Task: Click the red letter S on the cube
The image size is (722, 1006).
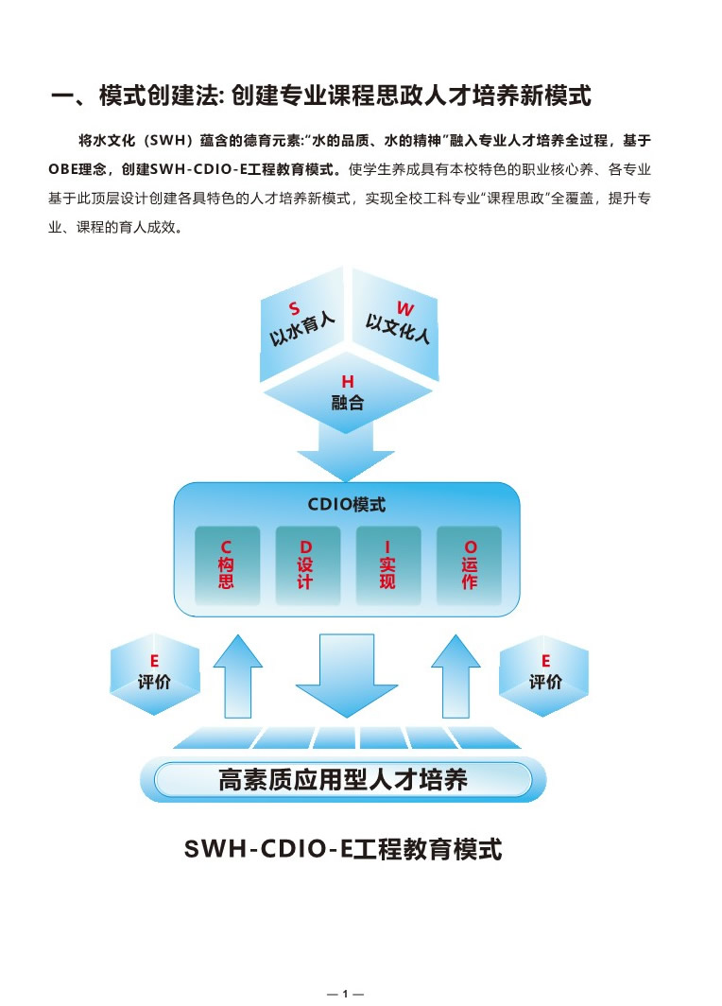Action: point(294,309)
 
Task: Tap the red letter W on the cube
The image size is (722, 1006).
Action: point(404,308)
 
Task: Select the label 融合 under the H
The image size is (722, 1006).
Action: point(348,403)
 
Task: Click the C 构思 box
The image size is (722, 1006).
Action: point(227,564)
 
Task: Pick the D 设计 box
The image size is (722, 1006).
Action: point(305,564)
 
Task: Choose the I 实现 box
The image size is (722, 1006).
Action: point(387,564)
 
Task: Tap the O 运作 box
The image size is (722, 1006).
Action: point(470,564)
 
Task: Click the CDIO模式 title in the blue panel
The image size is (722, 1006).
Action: point(347,505)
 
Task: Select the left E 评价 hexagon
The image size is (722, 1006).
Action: point(154,673)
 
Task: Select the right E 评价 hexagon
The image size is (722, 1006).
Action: point(544,673)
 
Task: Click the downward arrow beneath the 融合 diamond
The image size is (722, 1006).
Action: point(347,448)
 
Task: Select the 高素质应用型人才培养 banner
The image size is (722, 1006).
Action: point(343,780)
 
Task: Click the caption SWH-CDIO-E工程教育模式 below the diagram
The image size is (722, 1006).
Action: point(343,848)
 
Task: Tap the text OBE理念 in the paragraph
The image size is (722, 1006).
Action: point(80,170)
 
